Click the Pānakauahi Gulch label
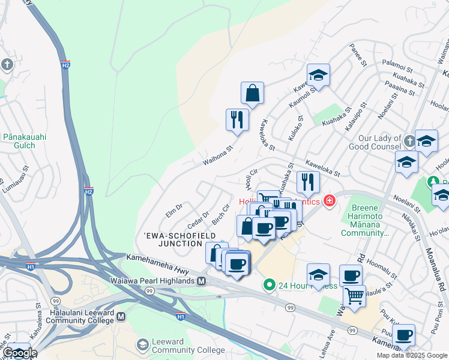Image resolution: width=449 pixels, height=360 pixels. pyautogui.click(x=25, y=141)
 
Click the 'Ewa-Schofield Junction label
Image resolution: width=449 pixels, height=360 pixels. pyautogui.click(x=172, y=239)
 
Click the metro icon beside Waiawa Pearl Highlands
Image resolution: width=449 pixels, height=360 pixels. pyautogui.click(x=202, y=281)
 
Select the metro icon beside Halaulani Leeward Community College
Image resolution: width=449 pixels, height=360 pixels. pyautogui.click(x=121, y=316)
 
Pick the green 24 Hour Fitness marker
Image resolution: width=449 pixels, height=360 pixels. pyautogui.click(x=270, y=285)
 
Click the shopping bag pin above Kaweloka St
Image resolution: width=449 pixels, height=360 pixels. pyautogui.click(x=253, y=94)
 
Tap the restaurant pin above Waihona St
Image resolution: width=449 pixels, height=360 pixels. pyautogui.click(x=237, y=119)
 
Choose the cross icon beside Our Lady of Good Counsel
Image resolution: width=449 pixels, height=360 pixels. pyautogui.click(x=409, y=140)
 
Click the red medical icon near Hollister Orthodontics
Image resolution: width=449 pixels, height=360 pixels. pyautogui.click(x=329, y=201)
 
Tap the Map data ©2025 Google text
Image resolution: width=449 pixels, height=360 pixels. pyautogui.click(x=412, y=355)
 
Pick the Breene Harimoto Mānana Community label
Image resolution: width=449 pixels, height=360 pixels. pyautogui.click(x=366, y=220)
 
